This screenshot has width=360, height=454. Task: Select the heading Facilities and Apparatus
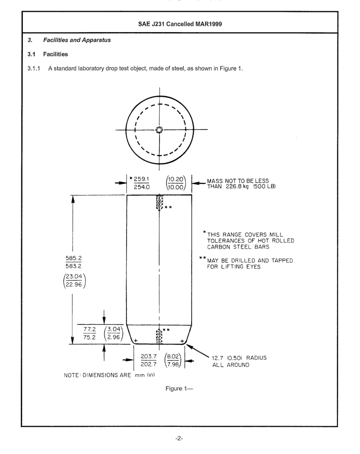point(79,40)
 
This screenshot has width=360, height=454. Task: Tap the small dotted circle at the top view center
point(159,130)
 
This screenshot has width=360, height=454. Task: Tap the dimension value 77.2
point(89,328)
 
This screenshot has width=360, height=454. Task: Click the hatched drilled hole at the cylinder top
point(160,202)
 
